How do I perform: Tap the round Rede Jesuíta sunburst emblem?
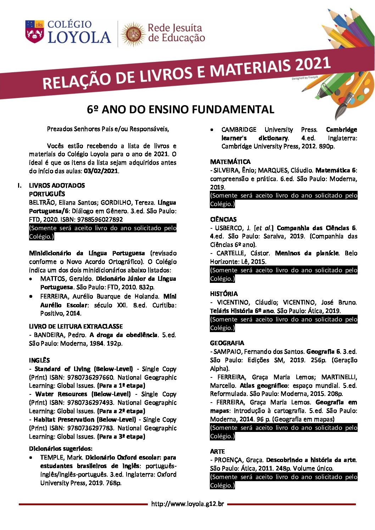point(133,34)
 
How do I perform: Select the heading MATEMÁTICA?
point(230,162)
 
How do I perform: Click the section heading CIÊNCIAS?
point(223,220)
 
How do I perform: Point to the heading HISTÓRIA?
point(224,294)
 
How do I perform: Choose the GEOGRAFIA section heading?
point(227,343)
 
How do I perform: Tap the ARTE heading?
point(217,451)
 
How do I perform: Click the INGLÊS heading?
point(39,360)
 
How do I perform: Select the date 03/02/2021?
point(101,171)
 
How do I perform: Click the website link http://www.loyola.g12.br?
point(187,504)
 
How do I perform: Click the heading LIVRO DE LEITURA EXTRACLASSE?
point(76,326)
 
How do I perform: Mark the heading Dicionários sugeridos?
point(61,449)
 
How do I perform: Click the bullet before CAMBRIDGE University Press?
point(212,130)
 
